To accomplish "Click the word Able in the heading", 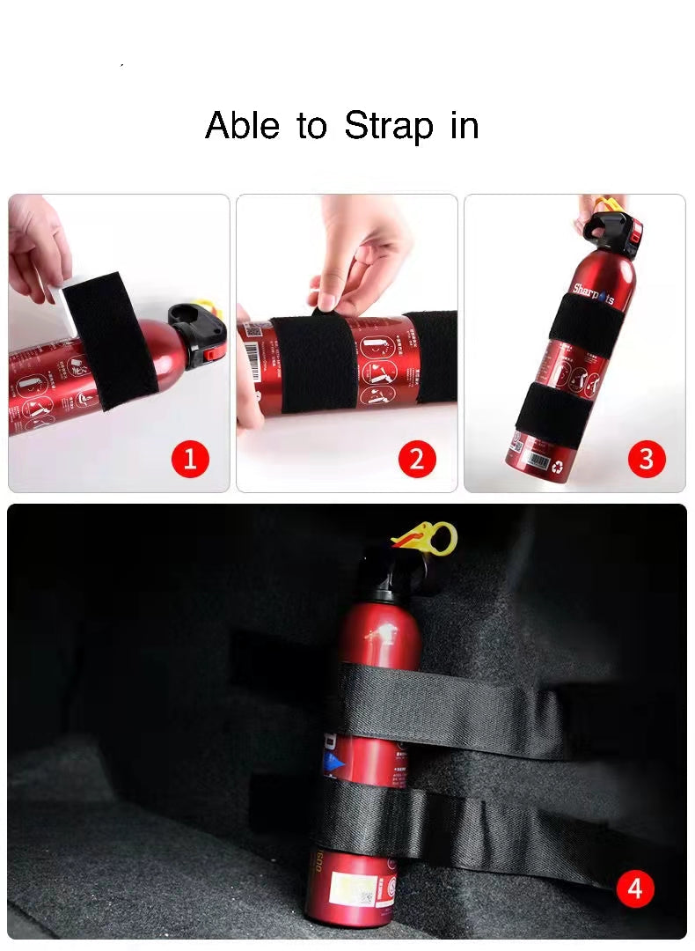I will tap(243, 125).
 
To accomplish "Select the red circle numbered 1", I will tap(190, 459).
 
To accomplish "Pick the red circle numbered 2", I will tap(417, 459).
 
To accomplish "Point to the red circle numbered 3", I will tap(647, 459).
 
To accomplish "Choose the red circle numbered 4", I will tap(635, 888).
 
